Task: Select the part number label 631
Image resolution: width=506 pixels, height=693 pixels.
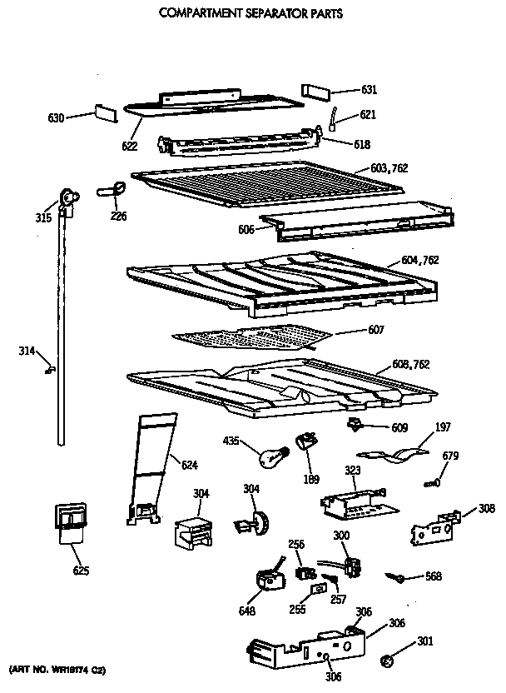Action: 370,90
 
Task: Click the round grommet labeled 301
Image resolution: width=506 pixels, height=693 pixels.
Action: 385,661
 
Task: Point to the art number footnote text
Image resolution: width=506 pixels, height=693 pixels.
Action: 57,669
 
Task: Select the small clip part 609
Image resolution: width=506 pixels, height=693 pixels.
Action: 356,426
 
